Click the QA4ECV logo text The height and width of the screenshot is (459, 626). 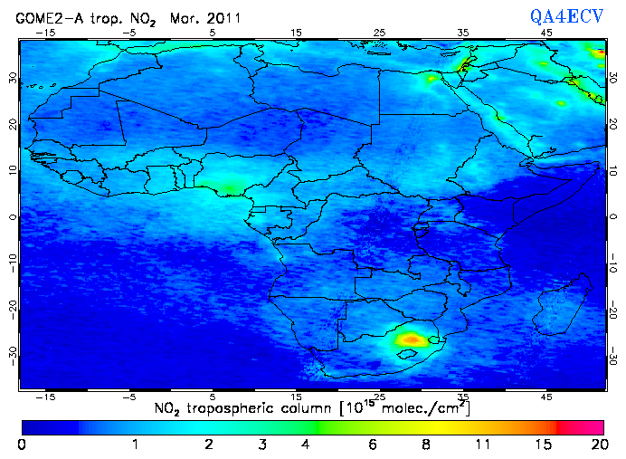[573, 14]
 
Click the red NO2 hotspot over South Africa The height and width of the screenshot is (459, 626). [412, 339]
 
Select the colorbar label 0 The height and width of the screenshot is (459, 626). [21, 445]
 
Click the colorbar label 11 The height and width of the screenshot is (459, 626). [482, 445]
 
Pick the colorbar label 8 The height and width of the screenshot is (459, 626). [425, 445]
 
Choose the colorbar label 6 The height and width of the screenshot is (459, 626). [373, 445]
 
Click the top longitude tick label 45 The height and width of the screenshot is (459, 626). [546, 33]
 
